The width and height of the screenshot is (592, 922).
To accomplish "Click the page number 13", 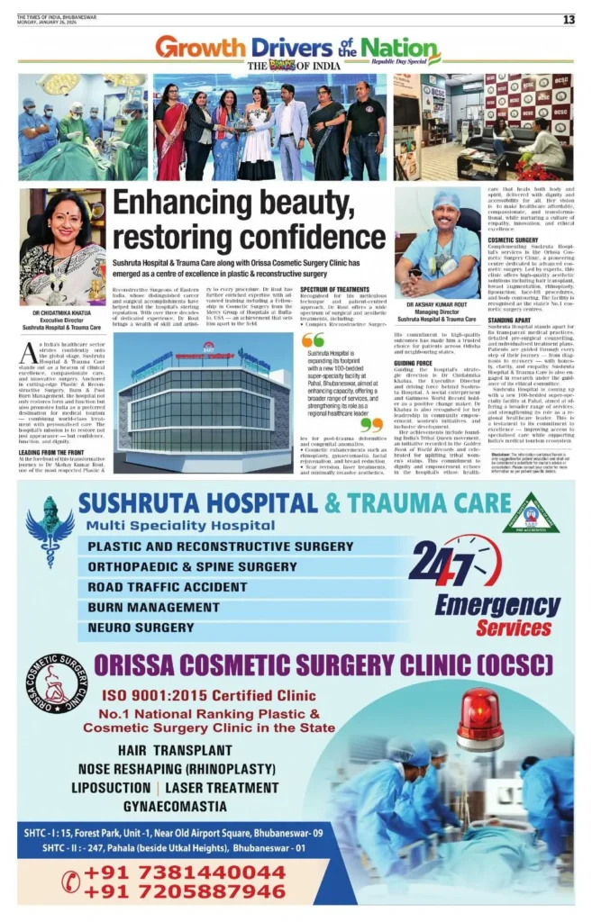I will point(569,20).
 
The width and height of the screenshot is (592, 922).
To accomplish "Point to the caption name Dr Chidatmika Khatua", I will point(63,314).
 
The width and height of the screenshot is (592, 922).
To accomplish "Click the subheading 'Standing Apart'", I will point(507,321).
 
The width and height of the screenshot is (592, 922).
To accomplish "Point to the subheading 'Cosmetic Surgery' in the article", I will point(511,240).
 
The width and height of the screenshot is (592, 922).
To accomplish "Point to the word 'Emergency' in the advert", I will point(497,606).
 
